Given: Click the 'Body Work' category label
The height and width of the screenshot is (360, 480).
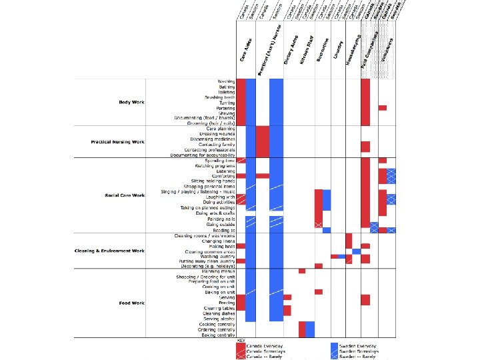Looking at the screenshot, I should click(131, 102).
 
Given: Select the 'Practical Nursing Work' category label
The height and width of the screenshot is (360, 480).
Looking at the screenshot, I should click(118, 142).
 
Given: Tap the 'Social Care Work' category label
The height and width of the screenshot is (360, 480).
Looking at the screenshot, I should click(125, 195).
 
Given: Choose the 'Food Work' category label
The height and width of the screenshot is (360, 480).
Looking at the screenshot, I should click(132, 303).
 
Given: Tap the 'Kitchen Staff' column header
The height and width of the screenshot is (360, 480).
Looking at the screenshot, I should click(307, 52).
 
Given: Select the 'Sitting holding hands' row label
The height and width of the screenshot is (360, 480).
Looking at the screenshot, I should click(213, 181).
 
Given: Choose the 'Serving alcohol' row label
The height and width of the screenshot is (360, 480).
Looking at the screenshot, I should click(219, 319).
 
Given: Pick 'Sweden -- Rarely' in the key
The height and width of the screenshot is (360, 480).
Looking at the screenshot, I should click(359, 357).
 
